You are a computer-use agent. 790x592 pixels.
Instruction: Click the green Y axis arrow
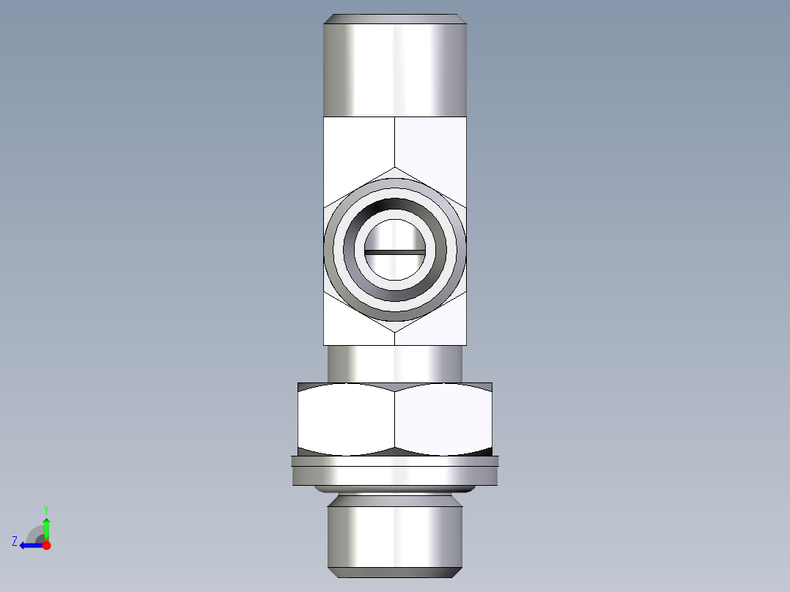[x=46, y=528]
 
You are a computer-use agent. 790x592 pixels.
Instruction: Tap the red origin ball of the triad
[x=46, y=545]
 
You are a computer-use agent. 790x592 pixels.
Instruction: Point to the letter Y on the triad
[x=45, y=508]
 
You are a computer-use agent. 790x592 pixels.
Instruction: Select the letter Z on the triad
[x=15, y=541]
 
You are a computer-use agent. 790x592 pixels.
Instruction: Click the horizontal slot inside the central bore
[x=395, y=252]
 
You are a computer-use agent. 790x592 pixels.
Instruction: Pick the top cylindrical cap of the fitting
[x=395, y=70]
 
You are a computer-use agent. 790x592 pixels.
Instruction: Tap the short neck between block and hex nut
[x=395, y=363]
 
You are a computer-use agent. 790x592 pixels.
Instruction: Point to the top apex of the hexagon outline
[x=395, y=168]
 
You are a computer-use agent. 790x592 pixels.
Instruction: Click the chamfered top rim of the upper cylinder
[x=395, y=18]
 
